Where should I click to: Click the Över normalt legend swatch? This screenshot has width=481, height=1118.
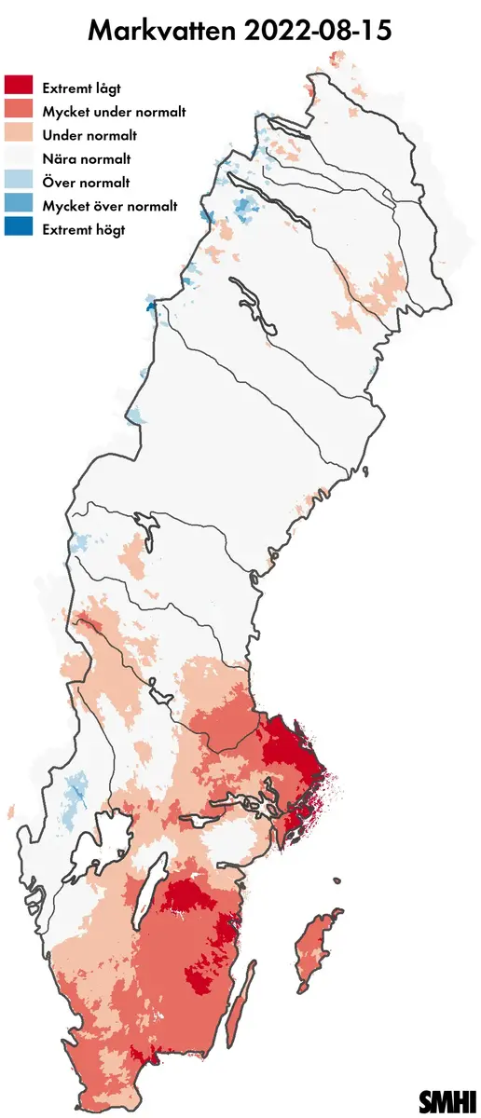[x=19, y=183]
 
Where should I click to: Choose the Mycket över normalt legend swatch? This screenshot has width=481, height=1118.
[x=19, y=206]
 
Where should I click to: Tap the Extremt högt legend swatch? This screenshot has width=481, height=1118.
[x=19, y=229]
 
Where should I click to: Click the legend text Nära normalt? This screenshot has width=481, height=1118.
[x=87, y=158]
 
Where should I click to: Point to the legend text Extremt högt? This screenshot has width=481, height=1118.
[x=84, y=229]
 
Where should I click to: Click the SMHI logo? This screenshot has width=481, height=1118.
[x=448, y=1099]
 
